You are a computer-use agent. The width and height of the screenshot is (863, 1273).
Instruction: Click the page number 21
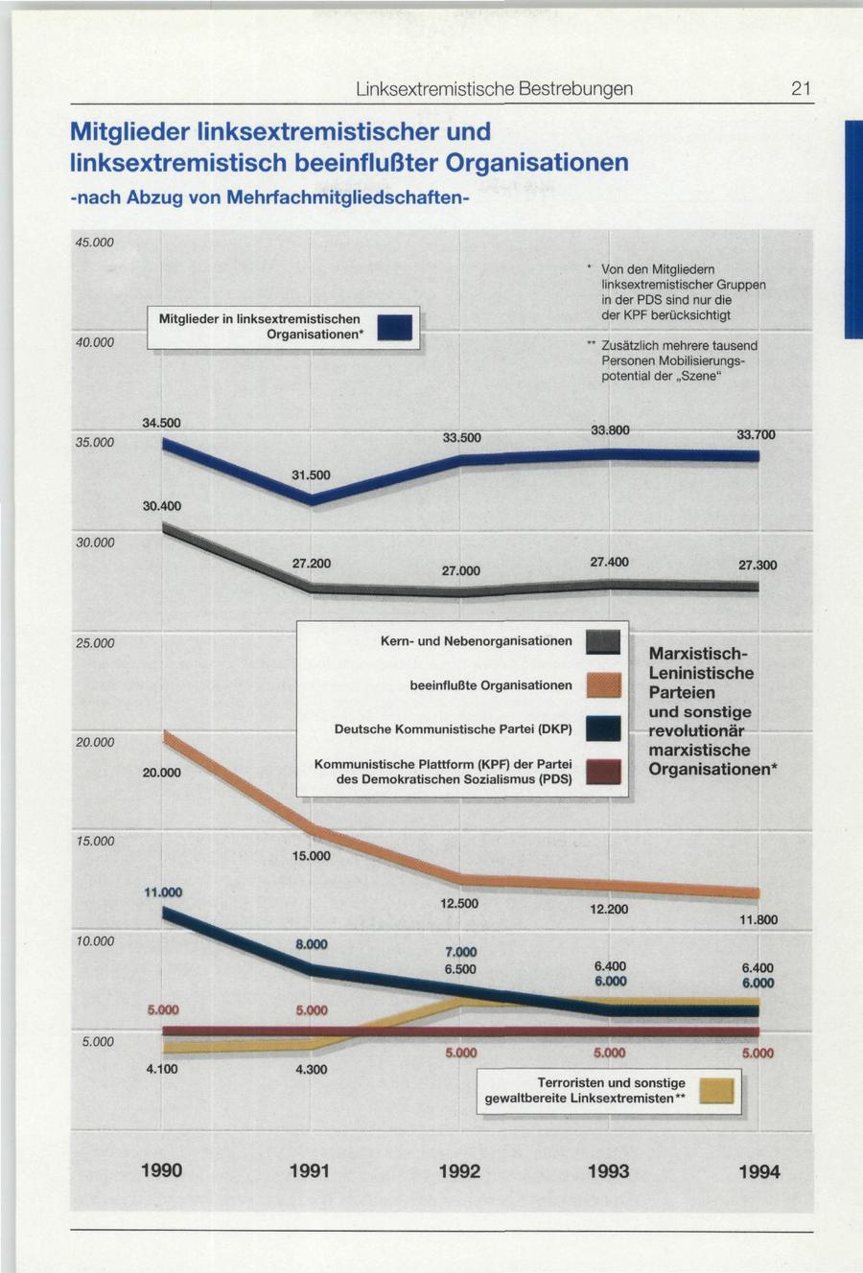pos(802,89)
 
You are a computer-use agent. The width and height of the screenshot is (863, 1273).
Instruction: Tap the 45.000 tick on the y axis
pos(95,243)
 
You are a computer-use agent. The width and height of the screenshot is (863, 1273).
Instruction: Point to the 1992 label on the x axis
pos(459,1170)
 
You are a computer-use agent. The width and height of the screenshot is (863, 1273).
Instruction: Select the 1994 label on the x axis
pos(758,1171)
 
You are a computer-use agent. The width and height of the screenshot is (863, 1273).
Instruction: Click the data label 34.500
pos(161,423)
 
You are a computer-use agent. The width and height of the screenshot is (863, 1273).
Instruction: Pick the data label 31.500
pos(311,475)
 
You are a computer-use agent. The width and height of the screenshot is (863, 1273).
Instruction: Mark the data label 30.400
pos(161,505)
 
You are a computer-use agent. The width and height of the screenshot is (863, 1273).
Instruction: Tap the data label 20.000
pos(161,772)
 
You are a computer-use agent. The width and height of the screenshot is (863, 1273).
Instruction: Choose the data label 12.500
pos(459,903)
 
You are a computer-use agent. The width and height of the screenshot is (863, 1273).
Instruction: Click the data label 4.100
pos(161,1069)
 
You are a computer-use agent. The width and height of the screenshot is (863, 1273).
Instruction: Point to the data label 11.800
pos(758,920)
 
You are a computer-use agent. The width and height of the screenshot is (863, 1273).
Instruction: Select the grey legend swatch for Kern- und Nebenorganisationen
pos(603,641)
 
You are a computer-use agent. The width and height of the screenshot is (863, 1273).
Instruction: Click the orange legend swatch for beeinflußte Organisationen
pos(603,685)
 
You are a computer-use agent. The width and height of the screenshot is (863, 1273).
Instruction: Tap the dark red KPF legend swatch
pos(603,772)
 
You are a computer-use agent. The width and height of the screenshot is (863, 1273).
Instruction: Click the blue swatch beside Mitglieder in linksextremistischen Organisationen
pos(395,327)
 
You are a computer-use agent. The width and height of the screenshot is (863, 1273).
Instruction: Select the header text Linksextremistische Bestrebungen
pos(494,89)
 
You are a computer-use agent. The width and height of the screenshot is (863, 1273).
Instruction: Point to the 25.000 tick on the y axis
pos(95,642)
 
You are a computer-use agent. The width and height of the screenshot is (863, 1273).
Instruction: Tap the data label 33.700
pos(756,435)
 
